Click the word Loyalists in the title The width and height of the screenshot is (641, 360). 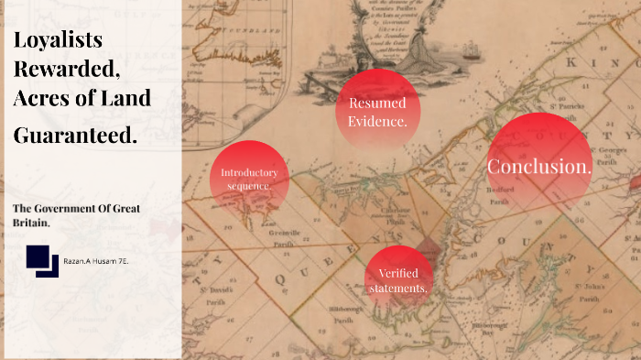(58, 40)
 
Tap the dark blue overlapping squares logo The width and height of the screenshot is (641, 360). (42, 261)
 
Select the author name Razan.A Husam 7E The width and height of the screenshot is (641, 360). (96, 262)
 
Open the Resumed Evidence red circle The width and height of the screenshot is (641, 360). (378, 111)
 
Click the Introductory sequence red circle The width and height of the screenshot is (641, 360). (249, 179)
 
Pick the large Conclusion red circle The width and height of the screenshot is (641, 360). (539, 167)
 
